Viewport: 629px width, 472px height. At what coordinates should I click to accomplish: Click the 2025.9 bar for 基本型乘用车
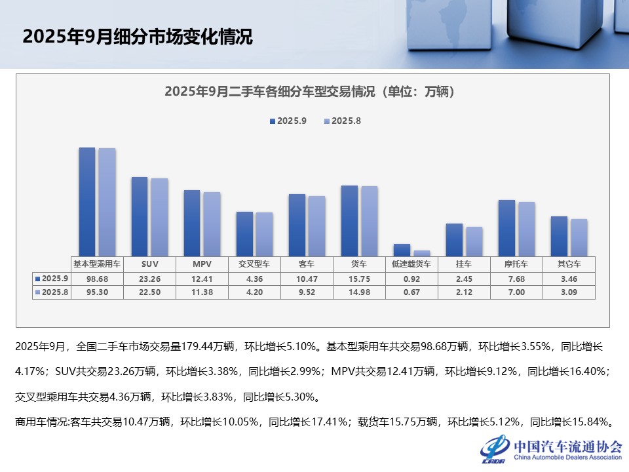(x=87, y=201)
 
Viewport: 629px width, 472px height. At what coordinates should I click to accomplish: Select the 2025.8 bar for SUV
(x=159, y=216)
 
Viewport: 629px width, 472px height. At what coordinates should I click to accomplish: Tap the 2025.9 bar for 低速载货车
(x=402, y=250)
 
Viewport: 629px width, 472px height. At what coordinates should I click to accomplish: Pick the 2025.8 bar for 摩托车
(x=526, y=228)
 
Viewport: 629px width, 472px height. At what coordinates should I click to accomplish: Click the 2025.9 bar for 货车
(x=349, y=220)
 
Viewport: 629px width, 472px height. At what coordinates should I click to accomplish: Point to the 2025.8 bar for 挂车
(x=474, y=241)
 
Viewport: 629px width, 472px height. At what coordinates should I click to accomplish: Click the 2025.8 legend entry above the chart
(x=343, y=121)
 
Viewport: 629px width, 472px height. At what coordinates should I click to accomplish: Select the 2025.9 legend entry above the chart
(x=288, y=121)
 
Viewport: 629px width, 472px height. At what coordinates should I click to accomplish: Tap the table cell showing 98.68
(x=97, y=279)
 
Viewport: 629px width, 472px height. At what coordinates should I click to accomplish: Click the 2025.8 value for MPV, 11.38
(x=202, y=292)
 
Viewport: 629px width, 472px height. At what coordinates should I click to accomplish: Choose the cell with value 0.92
(x=411, y=279)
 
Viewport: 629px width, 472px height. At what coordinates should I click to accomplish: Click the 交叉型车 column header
(x=254, y=264)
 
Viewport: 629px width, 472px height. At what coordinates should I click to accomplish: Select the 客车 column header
(x=307, y=264)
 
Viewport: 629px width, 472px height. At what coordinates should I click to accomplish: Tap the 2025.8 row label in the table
(x=52, y=292)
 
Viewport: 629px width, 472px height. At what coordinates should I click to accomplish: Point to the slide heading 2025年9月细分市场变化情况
(x=137, y=37)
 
